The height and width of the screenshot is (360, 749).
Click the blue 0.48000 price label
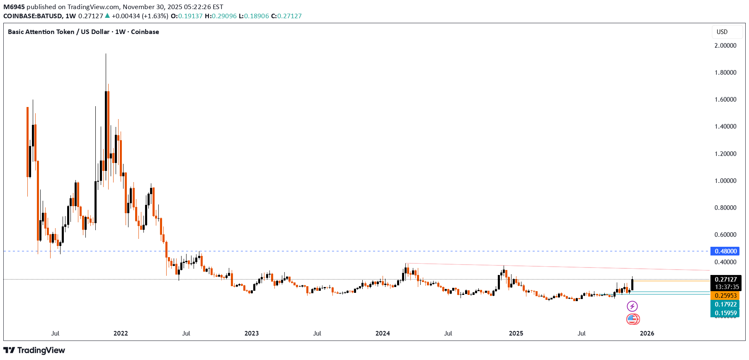(x=725, y=251)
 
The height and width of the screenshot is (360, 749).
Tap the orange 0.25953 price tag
(x=725, y=296)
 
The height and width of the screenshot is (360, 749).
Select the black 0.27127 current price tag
(x=725, y=280)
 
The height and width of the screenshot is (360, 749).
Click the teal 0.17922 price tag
(x=725, y=304)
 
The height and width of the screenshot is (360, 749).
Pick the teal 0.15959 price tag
(x=725, y=313)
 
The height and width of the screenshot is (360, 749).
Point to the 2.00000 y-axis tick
(x=725, y=46)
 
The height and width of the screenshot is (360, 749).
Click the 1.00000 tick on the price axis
(x=725, y=181)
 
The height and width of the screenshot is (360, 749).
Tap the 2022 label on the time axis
(x=121, y=333)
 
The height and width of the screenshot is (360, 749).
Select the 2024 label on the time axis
(x=383, y=333)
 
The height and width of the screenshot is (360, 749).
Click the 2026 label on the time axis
(x=647, y=333)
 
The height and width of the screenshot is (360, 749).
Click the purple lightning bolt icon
(x=632, y=306)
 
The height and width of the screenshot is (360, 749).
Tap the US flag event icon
(x=633, y=319)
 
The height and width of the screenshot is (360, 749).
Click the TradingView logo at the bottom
(x=34, y=350)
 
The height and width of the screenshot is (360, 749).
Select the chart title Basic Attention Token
(x=41, y=32)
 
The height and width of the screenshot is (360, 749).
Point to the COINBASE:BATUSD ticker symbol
(x=33, y=16)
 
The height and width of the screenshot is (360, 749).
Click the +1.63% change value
(x=155, y=16)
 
